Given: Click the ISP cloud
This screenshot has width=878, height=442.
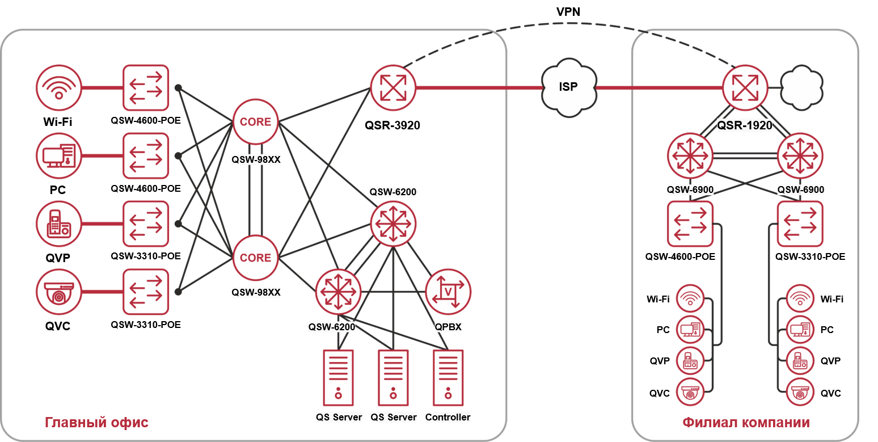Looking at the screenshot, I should click(569, 88).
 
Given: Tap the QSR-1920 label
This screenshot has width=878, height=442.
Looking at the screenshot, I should click(745, 125).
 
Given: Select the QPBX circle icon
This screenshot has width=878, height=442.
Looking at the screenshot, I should click(448, 292).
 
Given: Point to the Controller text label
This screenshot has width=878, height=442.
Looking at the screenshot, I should click(448, 417).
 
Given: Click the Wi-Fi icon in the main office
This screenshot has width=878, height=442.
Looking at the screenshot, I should click(59, 88).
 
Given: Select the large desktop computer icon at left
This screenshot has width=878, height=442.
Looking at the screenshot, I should click(59, 155).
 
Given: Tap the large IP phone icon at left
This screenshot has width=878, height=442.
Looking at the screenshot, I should click(59, 224).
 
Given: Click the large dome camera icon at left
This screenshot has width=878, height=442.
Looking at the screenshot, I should click(59, 292).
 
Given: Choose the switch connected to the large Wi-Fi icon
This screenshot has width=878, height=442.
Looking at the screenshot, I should click(146, 88).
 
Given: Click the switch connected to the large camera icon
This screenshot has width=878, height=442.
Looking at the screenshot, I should click(146, 292).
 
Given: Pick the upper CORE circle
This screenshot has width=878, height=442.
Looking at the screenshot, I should click(255, 121).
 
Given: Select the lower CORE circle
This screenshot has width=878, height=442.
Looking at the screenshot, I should click(255, 258).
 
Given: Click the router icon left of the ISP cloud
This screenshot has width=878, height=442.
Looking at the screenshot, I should click(393, 88).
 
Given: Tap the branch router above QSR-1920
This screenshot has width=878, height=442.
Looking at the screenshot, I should click(745, 88).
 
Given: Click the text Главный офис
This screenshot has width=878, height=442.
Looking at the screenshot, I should click(96, 423).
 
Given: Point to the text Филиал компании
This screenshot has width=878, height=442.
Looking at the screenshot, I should click(746, 423).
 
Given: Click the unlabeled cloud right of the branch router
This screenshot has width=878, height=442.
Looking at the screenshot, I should click(801, 88).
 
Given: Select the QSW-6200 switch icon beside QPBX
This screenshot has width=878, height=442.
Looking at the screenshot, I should click(338, 292).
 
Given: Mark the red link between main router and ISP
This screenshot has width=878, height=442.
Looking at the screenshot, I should click(479, 88).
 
